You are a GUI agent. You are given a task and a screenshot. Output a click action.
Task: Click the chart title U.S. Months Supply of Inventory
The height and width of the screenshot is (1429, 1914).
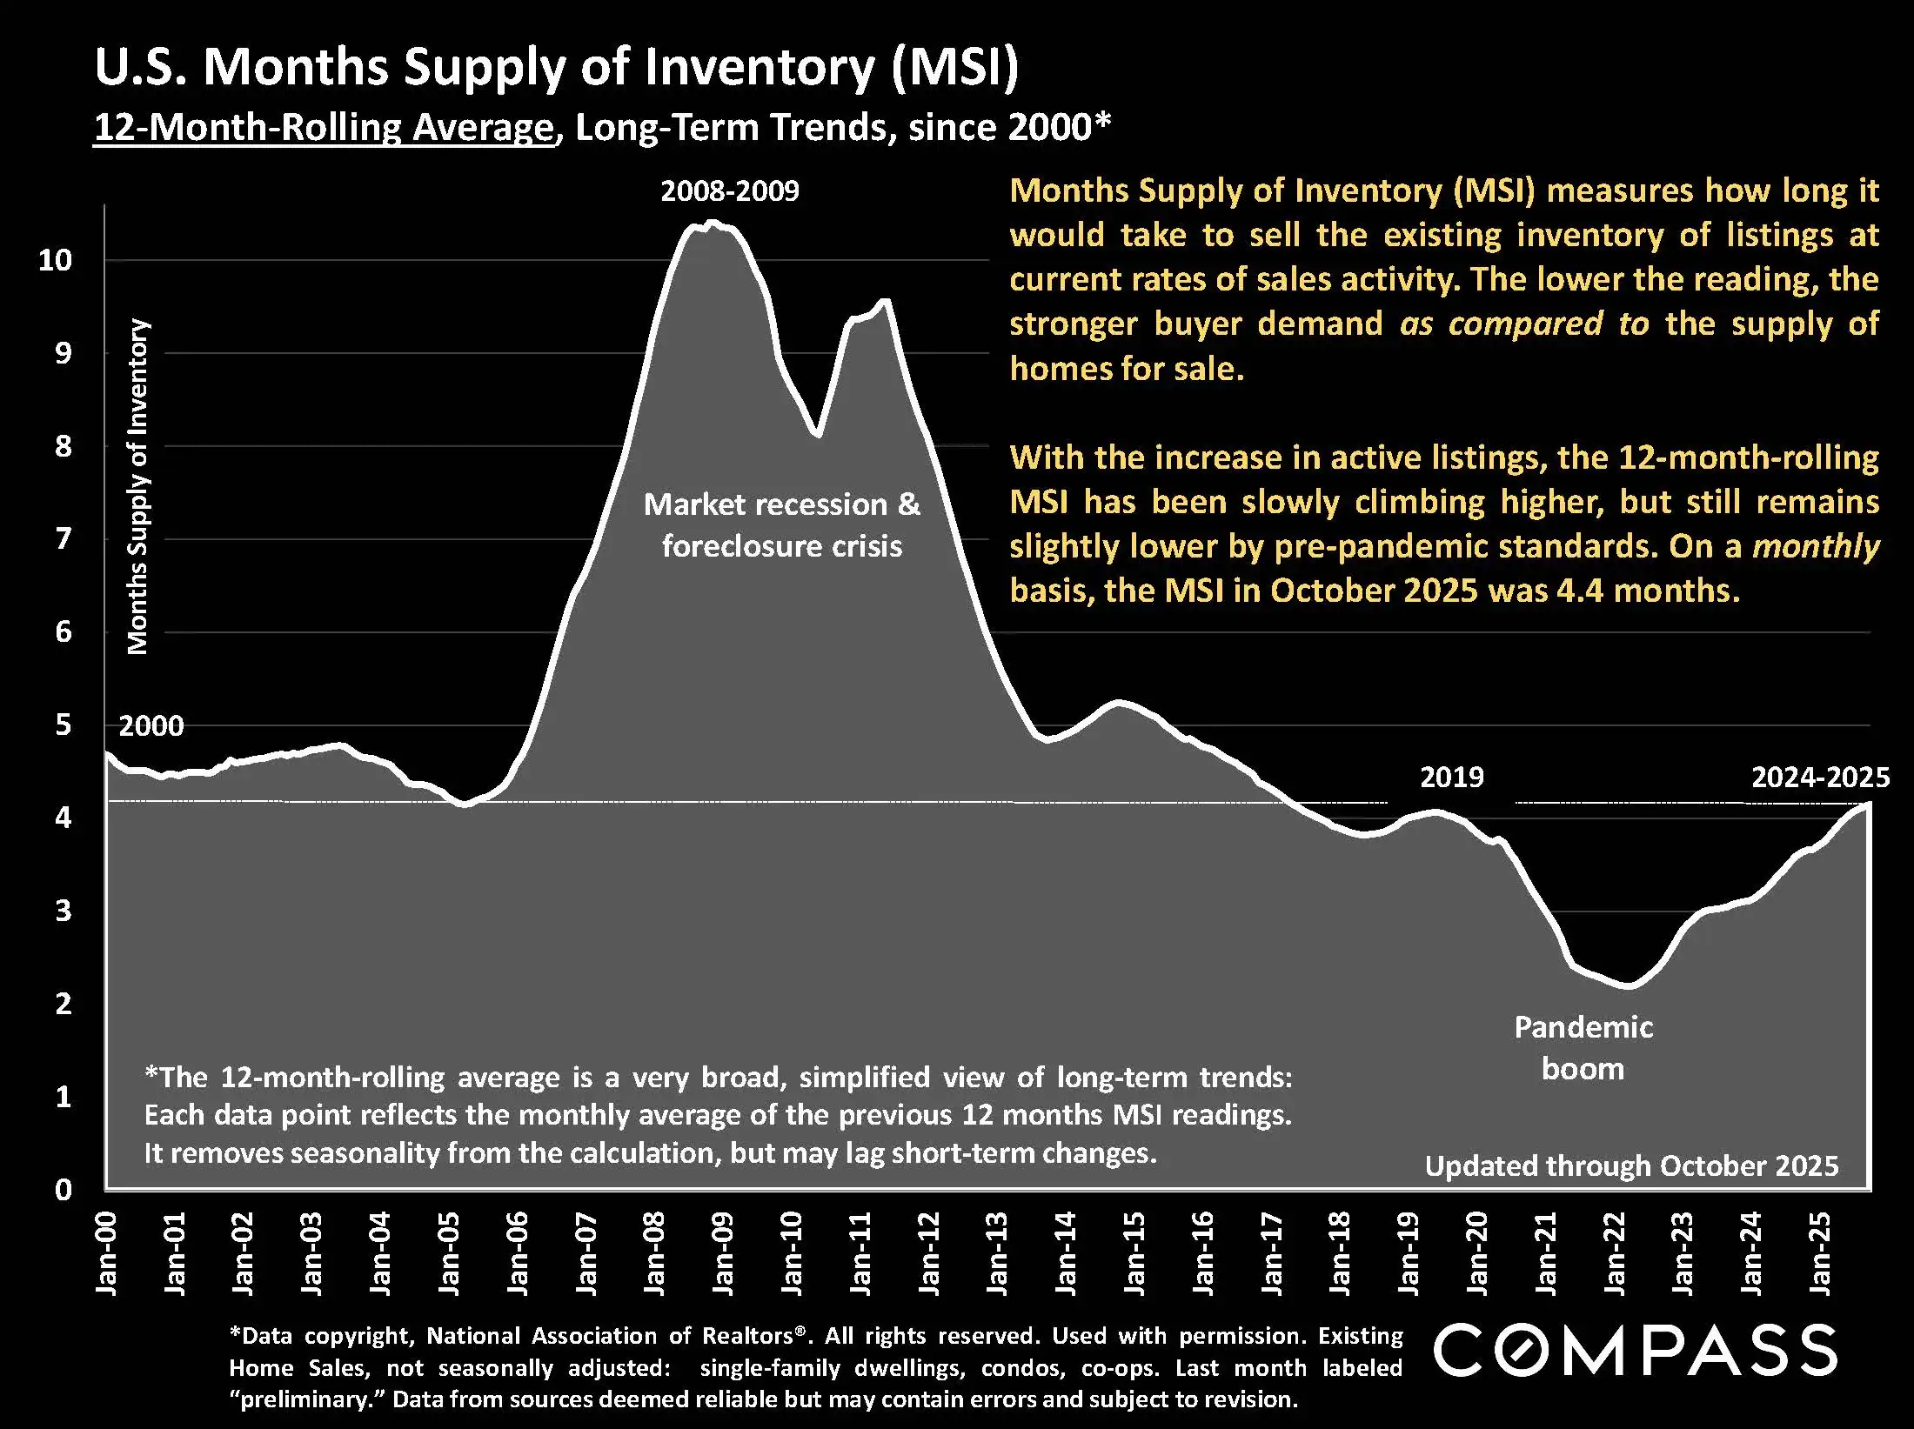pos(556,68)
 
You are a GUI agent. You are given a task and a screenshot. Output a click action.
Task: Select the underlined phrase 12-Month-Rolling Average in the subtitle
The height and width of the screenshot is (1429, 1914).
pos(324,128)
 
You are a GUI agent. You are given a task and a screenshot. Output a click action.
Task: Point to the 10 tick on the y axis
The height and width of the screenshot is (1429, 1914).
pos(55,259)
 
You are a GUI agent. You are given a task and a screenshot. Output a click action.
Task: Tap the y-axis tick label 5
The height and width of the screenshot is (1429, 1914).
pos(63,725)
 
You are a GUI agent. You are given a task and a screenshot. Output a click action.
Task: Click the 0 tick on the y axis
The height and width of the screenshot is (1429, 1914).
pos(63,1189)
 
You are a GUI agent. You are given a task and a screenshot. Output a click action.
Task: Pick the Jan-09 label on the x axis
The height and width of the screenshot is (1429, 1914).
pos(722,1252)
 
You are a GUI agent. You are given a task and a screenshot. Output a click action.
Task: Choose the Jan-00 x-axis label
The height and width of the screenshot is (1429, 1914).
pos(106,1252)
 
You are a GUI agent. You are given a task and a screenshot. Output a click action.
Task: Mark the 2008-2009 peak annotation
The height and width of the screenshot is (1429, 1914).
pos(729,190)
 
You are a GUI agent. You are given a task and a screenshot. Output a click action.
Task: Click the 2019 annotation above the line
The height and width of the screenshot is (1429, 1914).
pos(1451,777)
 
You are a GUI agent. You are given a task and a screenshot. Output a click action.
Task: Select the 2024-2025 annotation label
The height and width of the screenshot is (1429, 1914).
pos(1820,777)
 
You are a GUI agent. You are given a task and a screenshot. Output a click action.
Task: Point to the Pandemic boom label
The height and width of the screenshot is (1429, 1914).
pos(1583,1047)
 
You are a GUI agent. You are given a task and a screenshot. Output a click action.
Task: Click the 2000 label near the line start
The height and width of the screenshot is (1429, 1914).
pos(151,725)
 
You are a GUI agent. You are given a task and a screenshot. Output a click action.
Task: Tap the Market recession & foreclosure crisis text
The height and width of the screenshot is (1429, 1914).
pos(781,524)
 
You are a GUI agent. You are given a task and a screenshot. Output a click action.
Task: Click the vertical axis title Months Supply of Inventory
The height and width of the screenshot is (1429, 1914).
pos(138,486)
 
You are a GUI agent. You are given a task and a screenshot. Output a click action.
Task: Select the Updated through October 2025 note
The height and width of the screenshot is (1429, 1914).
pos(1631,1165)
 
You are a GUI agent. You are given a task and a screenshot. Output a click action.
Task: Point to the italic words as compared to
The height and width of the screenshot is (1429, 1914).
pos(1523,324)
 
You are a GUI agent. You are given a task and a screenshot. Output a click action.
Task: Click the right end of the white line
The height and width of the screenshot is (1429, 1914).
pos(1867,805)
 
